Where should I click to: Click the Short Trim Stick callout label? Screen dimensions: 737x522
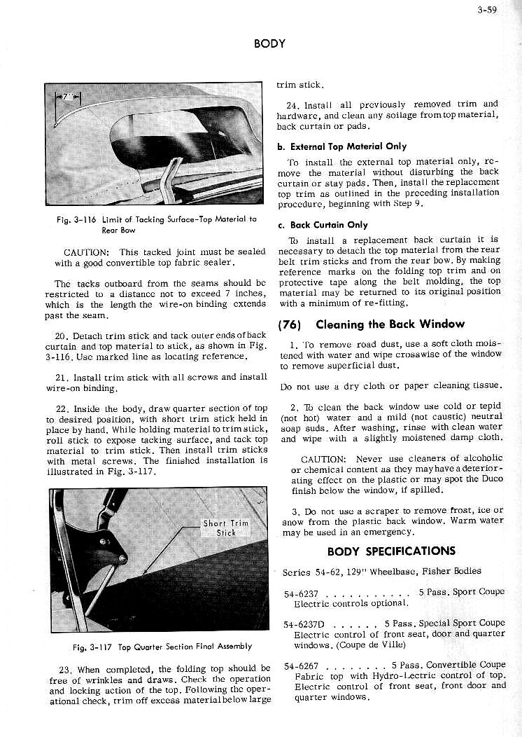[x=226, y=528]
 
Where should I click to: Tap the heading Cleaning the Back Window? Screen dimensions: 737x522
[x=390, y=324]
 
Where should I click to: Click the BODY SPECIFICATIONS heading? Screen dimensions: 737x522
[x=390, y=551]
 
